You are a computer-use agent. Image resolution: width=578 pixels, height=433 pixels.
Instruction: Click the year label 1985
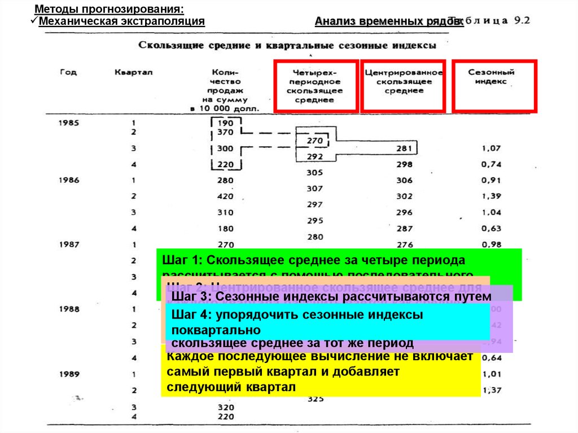tap(69, 123)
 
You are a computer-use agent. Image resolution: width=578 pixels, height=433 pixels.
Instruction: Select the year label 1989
tap(69, 374)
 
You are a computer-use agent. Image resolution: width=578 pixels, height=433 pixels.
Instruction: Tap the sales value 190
tap(225, 123)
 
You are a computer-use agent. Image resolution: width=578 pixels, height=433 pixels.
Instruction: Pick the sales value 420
tap(225, 196)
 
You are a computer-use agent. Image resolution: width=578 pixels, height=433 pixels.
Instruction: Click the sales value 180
tap(225, 229)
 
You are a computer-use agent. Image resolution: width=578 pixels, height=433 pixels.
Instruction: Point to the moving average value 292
tap(315, 156)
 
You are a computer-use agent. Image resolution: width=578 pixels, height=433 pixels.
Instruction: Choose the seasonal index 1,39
tap(491, 196)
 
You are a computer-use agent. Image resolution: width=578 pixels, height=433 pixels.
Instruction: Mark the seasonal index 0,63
tap(491, 229)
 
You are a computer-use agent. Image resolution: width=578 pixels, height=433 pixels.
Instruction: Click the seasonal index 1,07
tap(491, 148)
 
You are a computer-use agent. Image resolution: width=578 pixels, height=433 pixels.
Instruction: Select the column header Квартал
tap(134, 72)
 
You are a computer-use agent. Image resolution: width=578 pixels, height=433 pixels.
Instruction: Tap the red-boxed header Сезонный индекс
tap(491, 77)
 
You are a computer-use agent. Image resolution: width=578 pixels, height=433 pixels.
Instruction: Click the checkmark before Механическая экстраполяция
tap(33, 21)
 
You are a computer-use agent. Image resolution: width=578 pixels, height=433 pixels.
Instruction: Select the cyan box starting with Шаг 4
tap(327, 322)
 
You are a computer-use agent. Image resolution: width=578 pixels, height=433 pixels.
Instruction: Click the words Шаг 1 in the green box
tap(178, 261)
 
